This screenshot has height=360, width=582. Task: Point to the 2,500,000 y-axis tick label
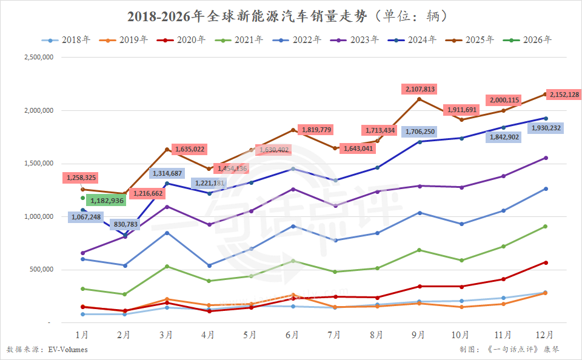click(38, 58)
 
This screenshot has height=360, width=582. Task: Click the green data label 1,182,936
click(107, 200)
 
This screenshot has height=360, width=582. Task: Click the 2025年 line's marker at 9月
click(418, 99)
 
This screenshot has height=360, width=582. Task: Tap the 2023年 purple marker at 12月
click(546, 158)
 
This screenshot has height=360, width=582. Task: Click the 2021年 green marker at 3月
click(167, 266)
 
